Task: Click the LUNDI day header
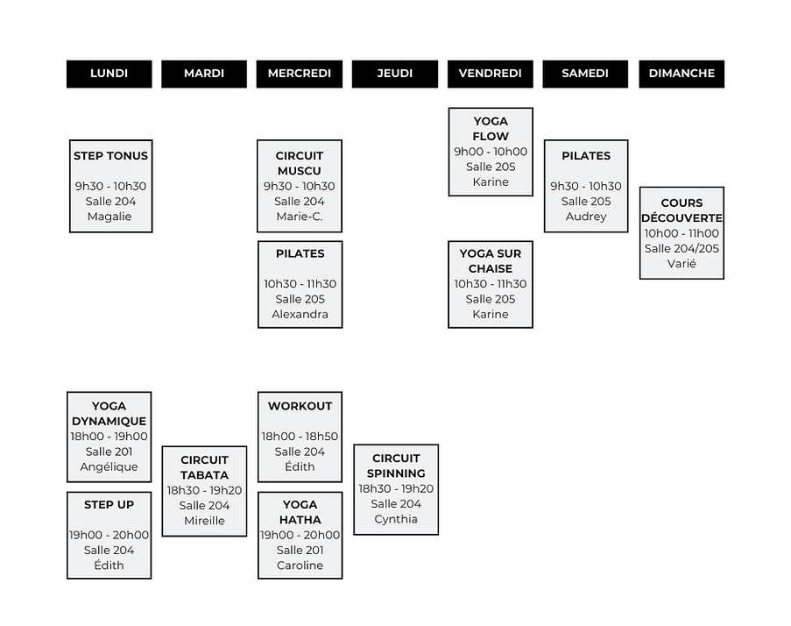[x=109, y=74]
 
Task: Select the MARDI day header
[x=204, y=74]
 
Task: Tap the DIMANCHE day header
[x=682, y=74]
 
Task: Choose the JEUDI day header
[x=395, y=74]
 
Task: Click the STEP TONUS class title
[x=110, y=156]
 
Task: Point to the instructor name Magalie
[x=110, y=217]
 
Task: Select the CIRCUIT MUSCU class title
[x=300, y=163]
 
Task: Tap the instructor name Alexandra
[x=300, y=314]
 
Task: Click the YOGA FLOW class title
[x=491, y=129]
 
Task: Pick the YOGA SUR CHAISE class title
[x=491, y=261]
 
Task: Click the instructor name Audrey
[x=586, y=217]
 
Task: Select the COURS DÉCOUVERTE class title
[x=682, y=210]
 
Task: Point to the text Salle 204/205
[x=682, y=248]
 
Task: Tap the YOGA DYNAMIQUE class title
[x=109, y=414]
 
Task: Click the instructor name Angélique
[x=109, y=466]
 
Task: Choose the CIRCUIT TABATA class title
[x=204, y=467]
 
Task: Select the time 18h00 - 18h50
[x=300, y=437]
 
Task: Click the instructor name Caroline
[x=300, y=566]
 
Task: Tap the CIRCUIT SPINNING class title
[x=396, y=466]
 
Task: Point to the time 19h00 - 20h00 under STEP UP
[x=109, y=535]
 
